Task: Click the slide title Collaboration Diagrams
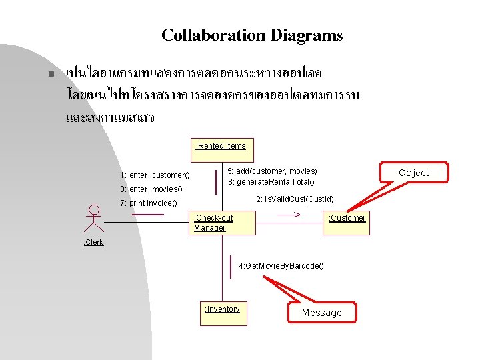pyautogui.click(x=252, y=35)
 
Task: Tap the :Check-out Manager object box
pyautogui.click(x=222, y=223)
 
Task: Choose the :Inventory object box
pyautogui.click(x=222, y=314)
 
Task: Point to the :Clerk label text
pyautogui.click(x=93, y=242)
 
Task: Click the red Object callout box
pyautogui.click(x=414, y=172)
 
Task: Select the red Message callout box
pyautogui.click(x=321, y=312)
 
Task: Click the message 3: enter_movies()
pyautogui.click(x=151, y=189)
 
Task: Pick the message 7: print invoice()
pyautogui.click(x=149, y=203)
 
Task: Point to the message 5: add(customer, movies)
pyautogui.click(x=273, y=171)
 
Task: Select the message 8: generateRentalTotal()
pyautogui.click(x=271, y=182)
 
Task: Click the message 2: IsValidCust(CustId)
pyautogui.click(x=295, y=199)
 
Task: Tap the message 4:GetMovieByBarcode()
pyautogui.click(x=281, y=266)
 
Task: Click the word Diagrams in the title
pyautogui.click(x=306, y=35)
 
